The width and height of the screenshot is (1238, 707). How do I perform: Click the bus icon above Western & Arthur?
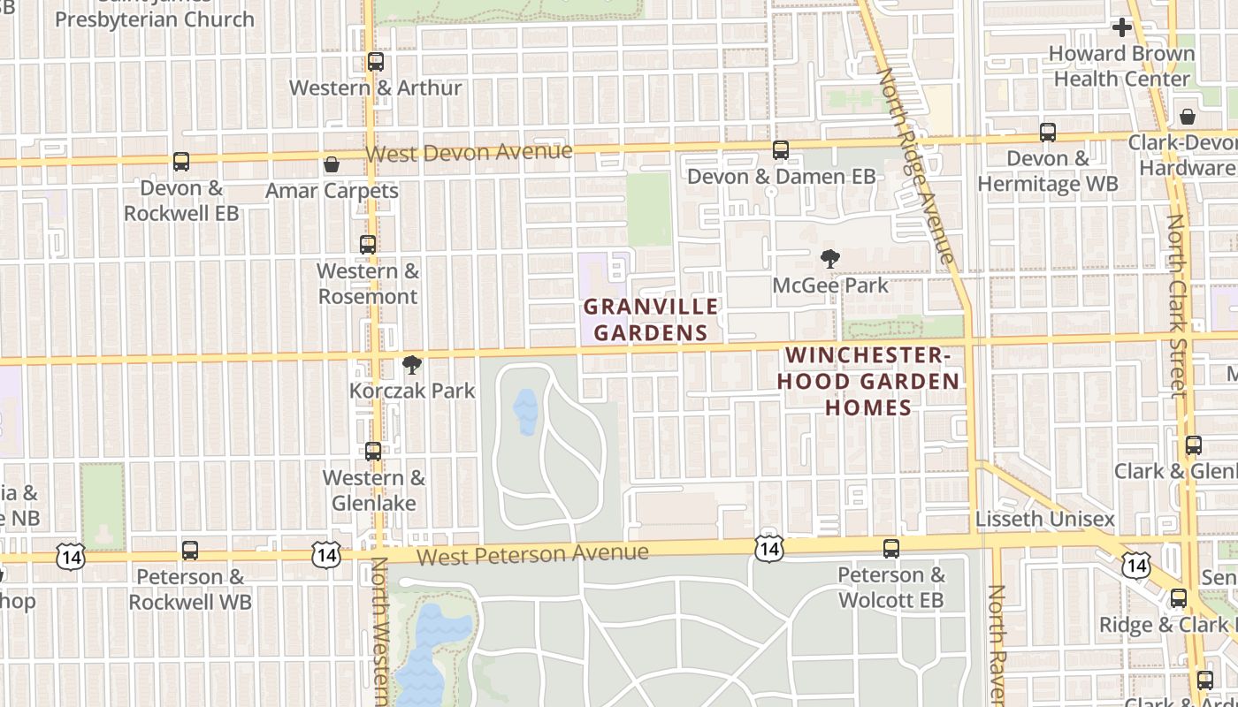[x=376, y=62]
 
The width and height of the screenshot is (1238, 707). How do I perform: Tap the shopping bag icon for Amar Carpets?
[x=332, y=164]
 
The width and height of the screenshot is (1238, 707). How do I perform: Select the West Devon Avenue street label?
[x=469, y=152]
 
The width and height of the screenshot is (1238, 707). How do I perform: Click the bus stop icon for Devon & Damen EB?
[x=781, y=150]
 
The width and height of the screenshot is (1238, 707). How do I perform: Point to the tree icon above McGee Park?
[x=829, y=259]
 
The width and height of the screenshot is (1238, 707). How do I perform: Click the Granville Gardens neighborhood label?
[x=651, y=319]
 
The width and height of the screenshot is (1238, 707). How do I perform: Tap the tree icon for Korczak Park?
[x=411, y=364]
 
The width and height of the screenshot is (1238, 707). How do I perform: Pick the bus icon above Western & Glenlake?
[x=373, y=452]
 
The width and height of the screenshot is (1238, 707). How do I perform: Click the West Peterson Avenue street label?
[x=532, y=555]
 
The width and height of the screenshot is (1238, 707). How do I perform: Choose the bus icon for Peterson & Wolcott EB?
[x=891, y=549]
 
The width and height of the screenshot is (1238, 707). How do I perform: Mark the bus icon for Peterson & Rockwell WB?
[x=190, y=551]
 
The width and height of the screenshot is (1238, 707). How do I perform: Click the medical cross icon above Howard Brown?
[x=1122, y=27]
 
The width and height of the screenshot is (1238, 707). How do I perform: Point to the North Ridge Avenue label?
[x=915, y=166]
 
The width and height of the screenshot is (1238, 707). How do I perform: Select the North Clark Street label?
[x=1176, y=305]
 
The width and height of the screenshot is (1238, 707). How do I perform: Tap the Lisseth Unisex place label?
[x=1045, y=519]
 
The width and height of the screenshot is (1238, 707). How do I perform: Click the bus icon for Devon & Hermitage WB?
[x=1048, y=133]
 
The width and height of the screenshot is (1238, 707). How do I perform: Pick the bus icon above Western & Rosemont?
[x=368, y=245]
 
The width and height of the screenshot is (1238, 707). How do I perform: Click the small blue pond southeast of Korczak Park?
[x=525, y=412]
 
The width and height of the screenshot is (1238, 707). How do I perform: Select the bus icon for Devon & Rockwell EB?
[x=181, y=162]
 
